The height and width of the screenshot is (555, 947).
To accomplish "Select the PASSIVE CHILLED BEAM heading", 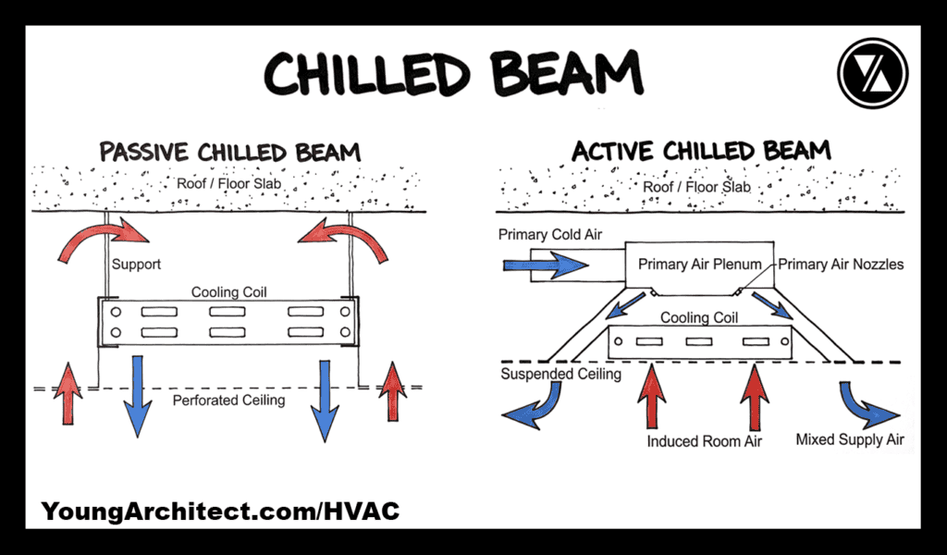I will [230, 152].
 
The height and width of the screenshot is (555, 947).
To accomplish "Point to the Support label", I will [136, 265].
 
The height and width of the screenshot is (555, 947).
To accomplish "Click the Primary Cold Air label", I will [550, 235].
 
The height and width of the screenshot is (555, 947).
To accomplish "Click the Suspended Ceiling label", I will [560, 375].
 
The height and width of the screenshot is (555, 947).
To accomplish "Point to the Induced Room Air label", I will [705, 441].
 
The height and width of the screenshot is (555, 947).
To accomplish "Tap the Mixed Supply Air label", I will [850, 439].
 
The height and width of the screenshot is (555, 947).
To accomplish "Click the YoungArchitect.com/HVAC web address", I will [220, 511].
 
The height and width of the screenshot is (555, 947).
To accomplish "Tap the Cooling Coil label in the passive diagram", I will [229, 292].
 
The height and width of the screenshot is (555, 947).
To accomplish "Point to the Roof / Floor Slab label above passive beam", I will [228, 183].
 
